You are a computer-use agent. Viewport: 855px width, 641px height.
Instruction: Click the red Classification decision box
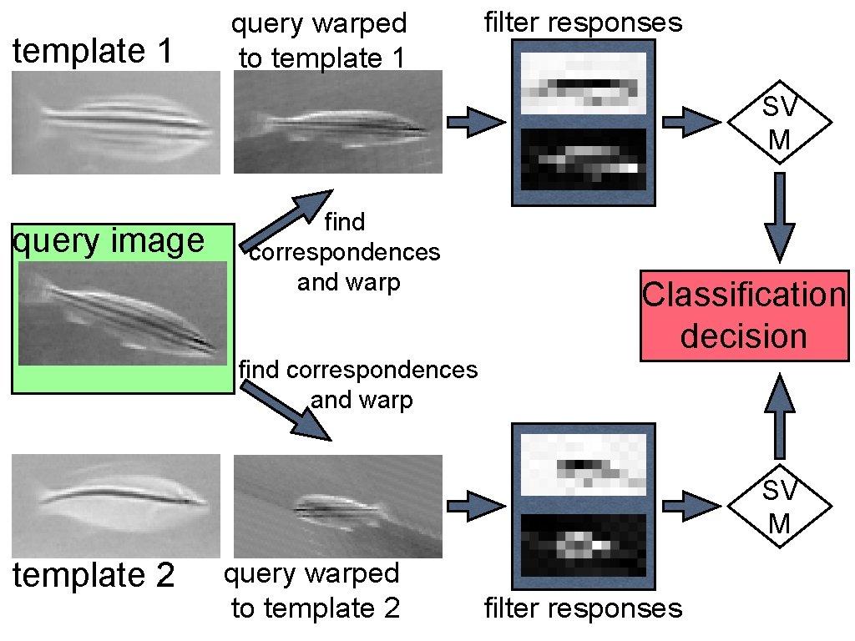pos(744,315)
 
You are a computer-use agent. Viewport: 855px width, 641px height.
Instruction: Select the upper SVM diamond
pos(779,123)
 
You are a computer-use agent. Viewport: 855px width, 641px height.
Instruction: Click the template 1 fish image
pos(116,123)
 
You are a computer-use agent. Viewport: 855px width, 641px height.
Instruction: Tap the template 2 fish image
pos(116,506)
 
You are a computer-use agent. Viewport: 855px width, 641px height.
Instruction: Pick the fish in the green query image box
pos(123,313)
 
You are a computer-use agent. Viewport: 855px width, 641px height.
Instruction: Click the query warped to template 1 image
pos(337,123)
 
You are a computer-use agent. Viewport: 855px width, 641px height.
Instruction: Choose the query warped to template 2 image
pos(337,506)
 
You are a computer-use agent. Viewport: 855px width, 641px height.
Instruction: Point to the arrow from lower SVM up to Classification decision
pos(779,416)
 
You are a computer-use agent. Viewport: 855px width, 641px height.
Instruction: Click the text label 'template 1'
pos(93,52)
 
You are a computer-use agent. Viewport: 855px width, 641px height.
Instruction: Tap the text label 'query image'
pos(109,242)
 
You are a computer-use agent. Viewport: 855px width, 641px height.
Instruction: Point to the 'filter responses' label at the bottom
pos(583,608)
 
